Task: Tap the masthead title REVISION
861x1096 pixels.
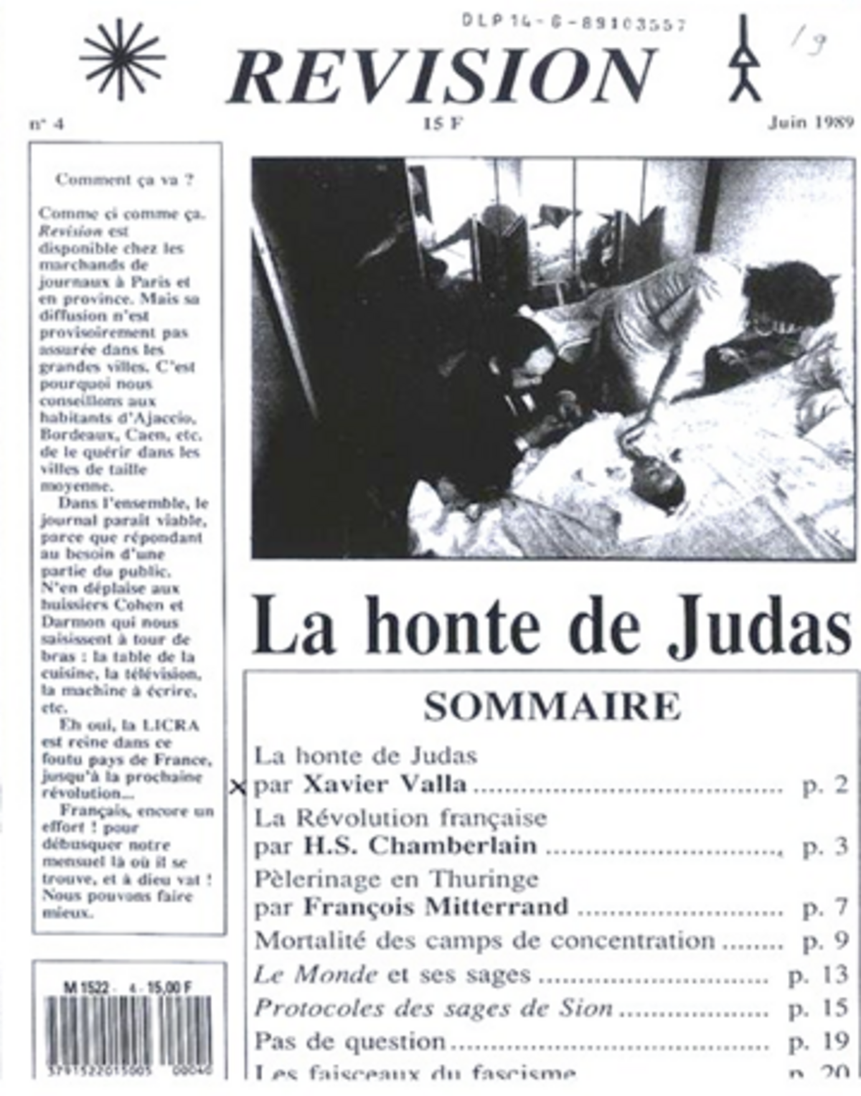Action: [x=442, y=75]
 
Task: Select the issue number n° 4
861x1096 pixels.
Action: [x=47, y=123]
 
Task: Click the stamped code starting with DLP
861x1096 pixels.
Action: [x=574, y=22]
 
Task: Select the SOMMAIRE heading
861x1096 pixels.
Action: [x=551, y=707]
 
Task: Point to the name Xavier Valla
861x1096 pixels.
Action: [x=385, y=785]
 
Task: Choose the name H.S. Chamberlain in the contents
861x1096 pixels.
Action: [x=420, y=846]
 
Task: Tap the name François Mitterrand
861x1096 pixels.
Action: [x=436, y=907]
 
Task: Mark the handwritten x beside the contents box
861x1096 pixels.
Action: [x=239, y=788]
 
